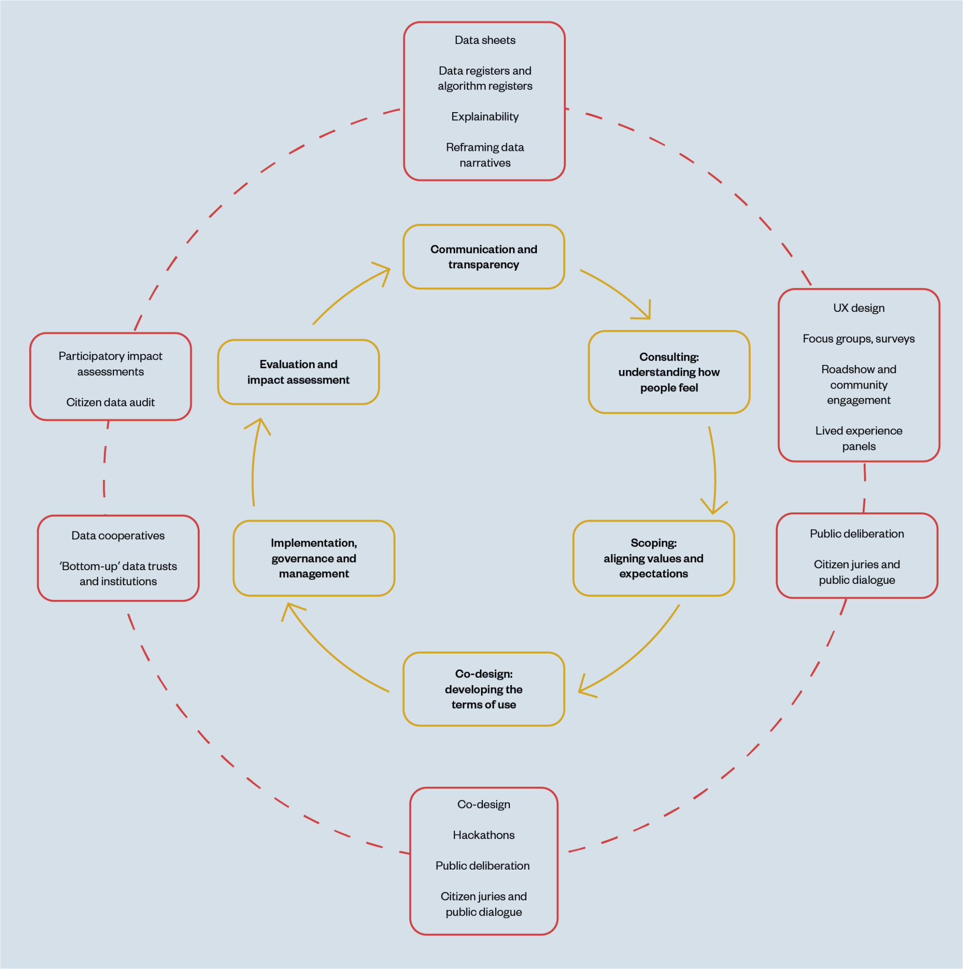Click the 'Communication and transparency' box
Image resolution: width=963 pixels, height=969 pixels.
(484, 257)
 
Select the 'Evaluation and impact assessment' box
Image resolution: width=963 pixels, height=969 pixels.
(298, 372)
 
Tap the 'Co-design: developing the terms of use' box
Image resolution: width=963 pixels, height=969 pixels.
(484, 689)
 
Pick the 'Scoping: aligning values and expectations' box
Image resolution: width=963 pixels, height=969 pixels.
(653, 558)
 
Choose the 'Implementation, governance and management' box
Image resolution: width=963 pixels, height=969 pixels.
(314, 558)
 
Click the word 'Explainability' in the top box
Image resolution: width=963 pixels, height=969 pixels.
(485, 116)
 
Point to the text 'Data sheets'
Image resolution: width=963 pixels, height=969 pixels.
(485, 40)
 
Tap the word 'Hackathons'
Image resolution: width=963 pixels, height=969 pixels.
(484, 835)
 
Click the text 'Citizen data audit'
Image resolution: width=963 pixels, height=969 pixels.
(110, 402)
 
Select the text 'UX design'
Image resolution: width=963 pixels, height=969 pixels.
(859, 308)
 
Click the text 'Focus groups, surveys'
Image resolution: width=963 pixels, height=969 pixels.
(859, 339)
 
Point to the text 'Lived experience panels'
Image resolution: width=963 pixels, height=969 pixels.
(859, 438)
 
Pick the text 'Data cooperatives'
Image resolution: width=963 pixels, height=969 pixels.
(118, 536)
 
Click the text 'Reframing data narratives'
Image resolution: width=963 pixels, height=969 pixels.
(485, 155)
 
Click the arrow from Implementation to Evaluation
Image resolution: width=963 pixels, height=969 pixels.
(254, 467)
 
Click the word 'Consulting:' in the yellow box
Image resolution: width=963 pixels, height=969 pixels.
(669, 357)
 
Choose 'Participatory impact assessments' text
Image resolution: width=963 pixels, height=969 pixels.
(110, 364)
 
